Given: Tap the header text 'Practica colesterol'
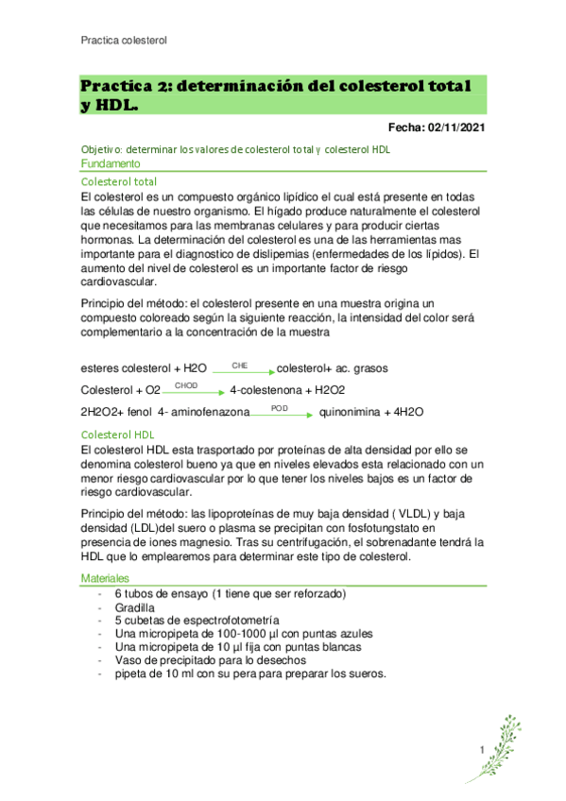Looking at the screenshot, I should coord(124,41).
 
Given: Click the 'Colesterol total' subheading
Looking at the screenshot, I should coord(120,181).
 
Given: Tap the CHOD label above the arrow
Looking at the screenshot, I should coord(186,385).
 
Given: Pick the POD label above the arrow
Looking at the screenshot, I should coord(279,407).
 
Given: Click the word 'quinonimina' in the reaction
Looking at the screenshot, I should coord(355,413).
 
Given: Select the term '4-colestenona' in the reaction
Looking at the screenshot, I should coord(264,390).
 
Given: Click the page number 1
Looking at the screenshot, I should coord(482,749).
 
